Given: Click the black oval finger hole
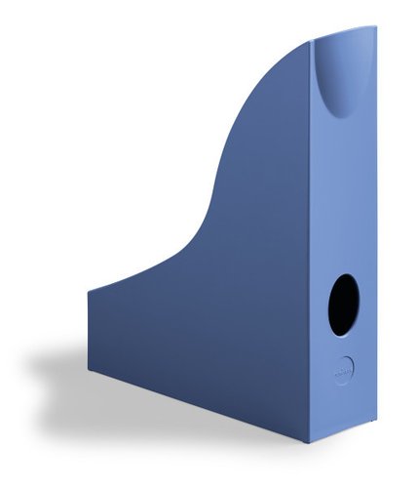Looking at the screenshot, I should (343, 305).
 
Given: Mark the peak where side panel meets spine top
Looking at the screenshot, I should (310, 42).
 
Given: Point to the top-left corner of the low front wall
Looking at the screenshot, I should (88, 288).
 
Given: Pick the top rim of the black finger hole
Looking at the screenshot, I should (345, 274).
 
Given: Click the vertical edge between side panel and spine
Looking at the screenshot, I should (311, 244).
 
